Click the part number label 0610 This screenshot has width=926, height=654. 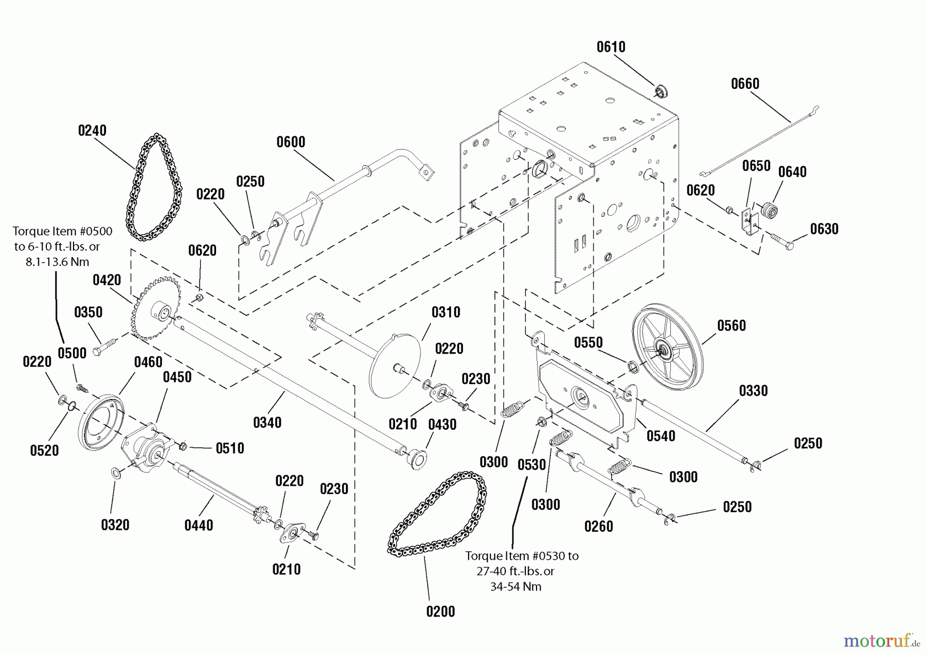click(611, 47)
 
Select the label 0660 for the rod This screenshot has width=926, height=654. click(745, 84)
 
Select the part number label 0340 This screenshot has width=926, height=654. click(267, 423)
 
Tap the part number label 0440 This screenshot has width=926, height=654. click(199, 525)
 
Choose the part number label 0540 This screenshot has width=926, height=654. click(661, 437)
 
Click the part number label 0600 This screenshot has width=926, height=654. click(291, 142)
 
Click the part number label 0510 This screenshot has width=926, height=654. click(230, 448)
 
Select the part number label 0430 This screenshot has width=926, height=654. click(442, 425)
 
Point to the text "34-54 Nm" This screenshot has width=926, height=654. click(515, 587)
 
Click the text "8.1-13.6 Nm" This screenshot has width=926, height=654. click(58, 262)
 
